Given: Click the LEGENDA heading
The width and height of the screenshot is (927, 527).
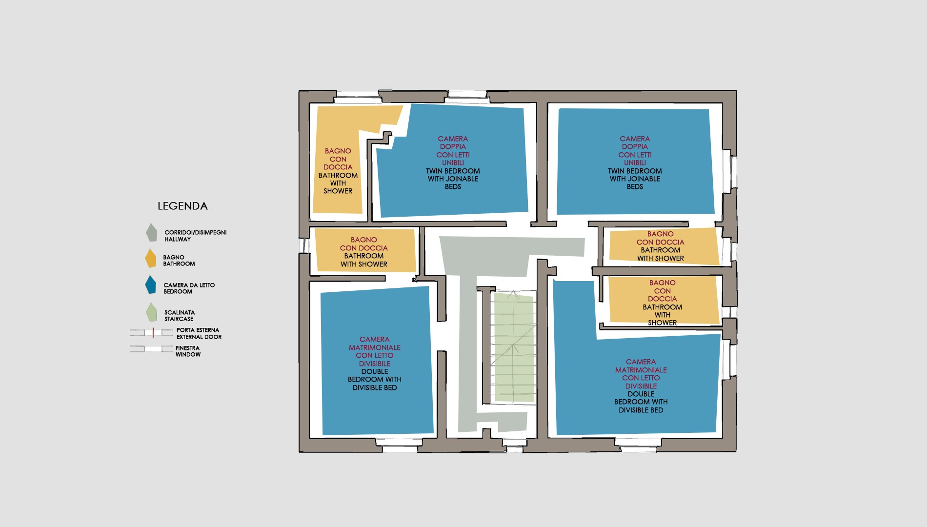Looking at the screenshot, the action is pyautogui.click(x=182, y=206).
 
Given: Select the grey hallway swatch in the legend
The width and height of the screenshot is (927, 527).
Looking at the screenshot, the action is pyautogui.click(x=152, y=233).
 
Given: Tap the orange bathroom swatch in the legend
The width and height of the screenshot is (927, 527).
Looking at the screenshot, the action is pyautogui.click(x=151, y=259).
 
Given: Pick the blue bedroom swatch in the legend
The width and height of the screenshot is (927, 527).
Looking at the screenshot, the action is pyautogui.click(x=151, y=284).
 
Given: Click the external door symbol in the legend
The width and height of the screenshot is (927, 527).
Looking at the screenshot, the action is pyautogui.click(x=151, y=333).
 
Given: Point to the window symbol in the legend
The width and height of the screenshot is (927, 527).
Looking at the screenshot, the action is pyautogui.click(x=151, y=349).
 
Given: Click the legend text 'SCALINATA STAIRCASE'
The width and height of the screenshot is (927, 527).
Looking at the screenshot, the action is pyautogui.click(x=179, y=316).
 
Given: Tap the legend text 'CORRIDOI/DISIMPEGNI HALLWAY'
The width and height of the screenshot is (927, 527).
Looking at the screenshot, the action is pyautogui.click(x=196, y=236).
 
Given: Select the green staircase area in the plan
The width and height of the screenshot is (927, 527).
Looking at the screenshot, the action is pyautogui.click(x=514, y=347).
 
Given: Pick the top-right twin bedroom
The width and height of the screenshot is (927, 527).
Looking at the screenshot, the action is pyautogui.click(x=635, y=162).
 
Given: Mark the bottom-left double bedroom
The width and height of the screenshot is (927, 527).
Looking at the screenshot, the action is pyautogui.click(x=376, y=361).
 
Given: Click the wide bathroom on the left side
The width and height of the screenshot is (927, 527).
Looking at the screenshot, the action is pyautogui.click(x=365, y=250).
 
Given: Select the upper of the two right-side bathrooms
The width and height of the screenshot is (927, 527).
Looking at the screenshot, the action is pyautogui.click(x=664, y=246).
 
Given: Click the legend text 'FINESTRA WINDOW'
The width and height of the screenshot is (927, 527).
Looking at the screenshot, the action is pyautogui.click(x=188, y=351).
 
